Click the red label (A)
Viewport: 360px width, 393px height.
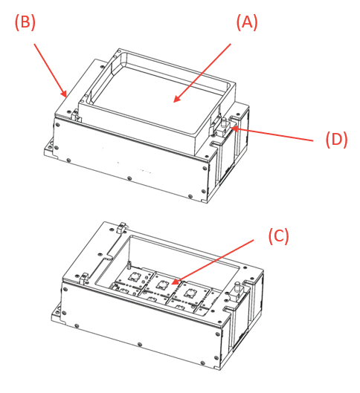pos(246,22)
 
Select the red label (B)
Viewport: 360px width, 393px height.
pos(25,22)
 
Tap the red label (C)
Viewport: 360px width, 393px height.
pos(277,236)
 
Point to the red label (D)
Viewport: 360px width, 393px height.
pos(336,139)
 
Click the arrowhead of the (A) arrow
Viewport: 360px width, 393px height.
pos(175,100)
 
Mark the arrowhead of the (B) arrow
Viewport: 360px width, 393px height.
pos(66,96)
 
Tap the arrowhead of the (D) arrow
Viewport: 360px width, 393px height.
pos(231,129)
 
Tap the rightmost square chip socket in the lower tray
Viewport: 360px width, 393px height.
pos(191,292)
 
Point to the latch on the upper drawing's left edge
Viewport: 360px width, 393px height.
pos(75,115)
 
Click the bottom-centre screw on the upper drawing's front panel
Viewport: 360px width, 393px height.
pos(129,178)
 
